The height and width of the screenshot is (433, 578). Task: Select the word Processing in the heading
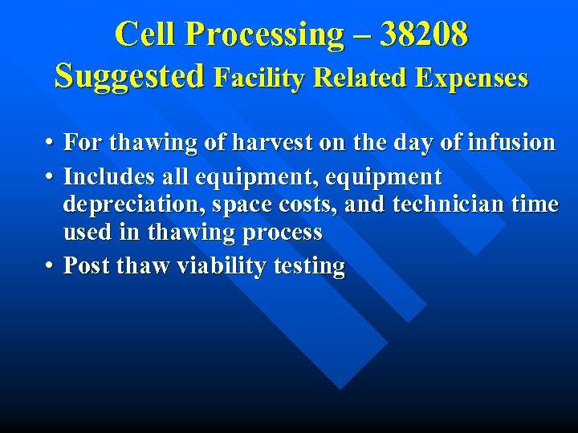[263, 34]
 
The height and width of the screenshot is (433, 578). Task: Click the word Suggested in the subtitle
[129, 77]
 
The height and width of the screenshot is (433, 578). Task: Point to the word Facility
[260, 78]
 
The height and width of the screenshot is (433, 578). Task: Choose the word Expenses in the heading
[473, 78]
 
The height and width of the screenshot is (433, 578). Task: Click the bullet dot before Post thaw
[49, 265]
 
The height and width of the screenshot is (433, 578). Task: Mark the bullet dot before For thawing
[49, 143]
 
